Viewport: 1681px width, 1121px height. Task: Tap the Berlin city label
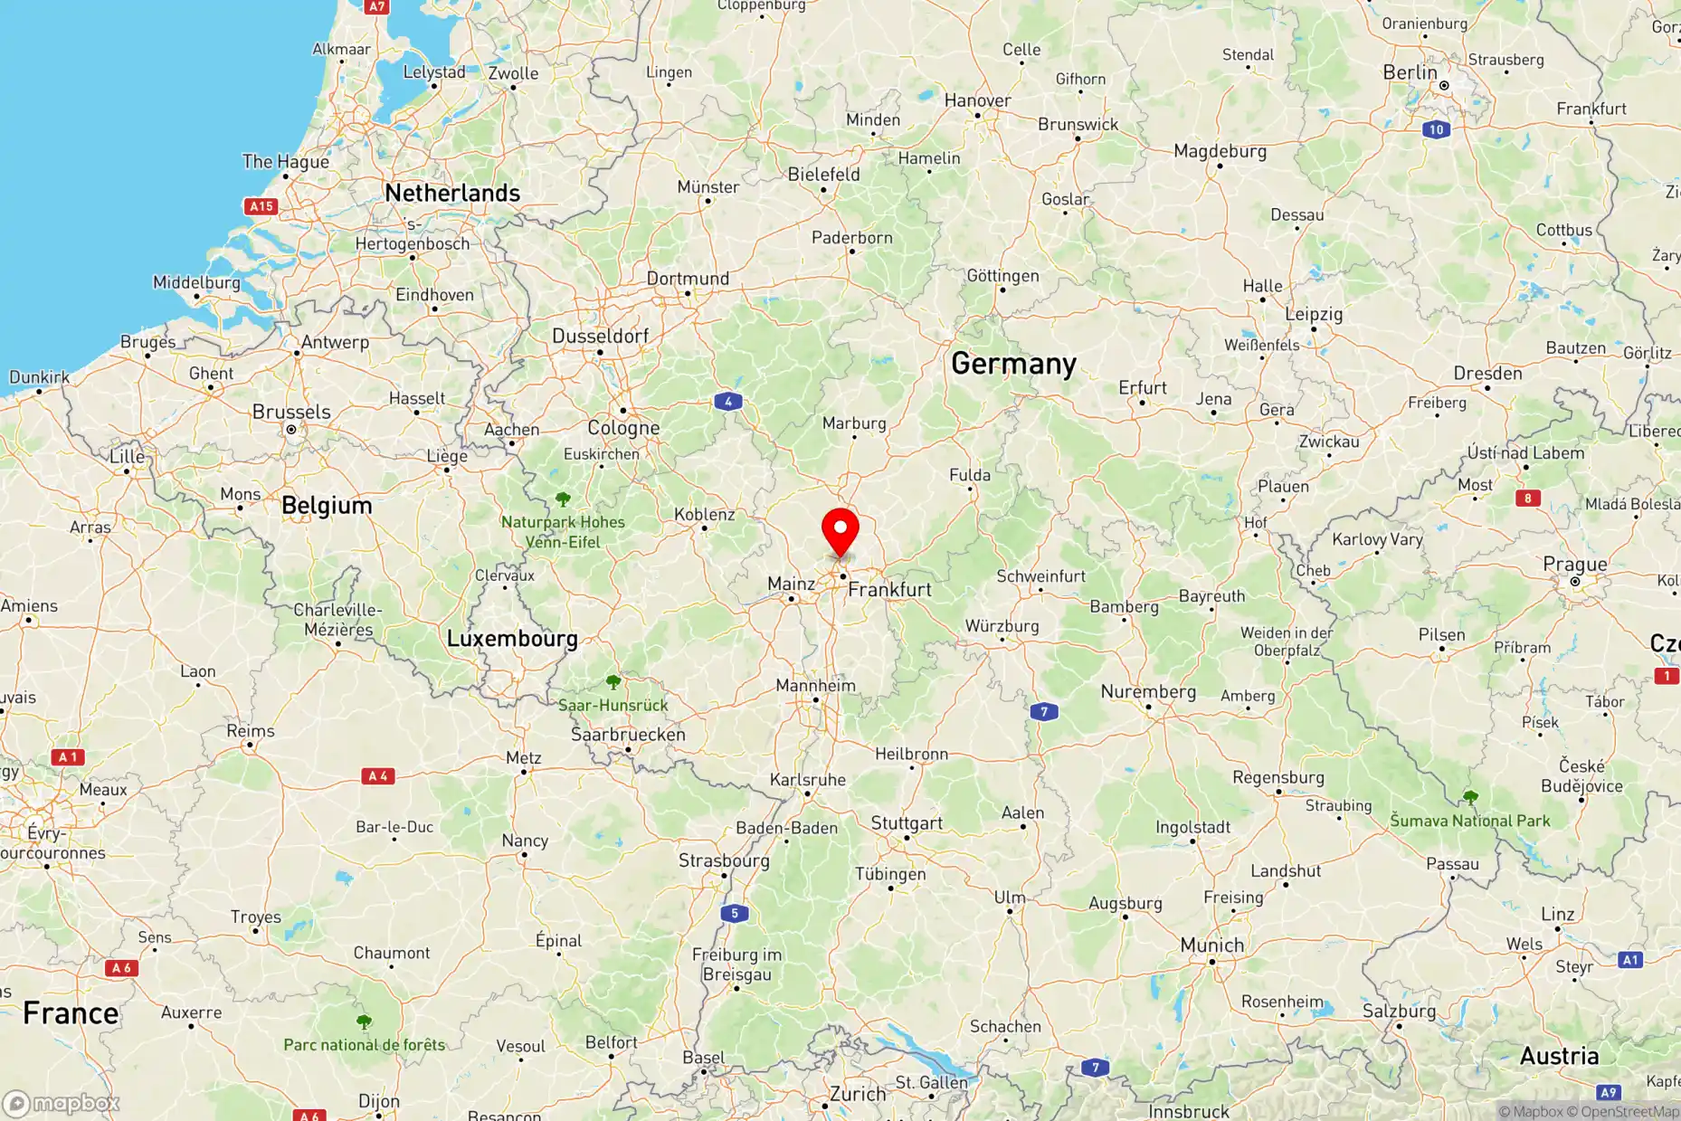tap(1410, 72)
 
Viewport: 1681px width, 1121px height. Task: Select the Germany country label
tap(1013, 364)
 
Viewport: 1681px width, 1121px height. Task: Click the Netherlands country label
tap(452, 193)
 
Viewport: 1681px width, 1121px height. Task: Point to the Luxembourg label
tap(512, 638)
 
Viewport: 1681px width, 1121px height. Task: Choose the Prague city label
tap(1574, 564)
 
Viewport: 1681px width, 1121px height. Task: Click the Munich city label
tap(1211, 945)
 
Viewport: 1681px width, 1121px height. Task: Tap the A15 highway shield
tap(261, 206)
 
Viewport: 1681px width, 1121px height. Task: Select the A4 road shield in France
tap(377, 775)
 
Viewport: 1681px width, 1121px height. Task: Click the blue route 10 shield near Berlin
tap(1436, 129)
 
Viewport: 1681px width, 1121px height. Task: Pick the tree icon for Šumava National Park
tap(1470, 797)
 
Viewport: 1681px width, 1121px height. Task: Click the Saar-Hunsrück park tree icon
tap(613, 681)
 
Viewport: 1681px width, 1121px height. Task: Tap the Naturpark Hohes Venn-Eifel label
tap(563, 532)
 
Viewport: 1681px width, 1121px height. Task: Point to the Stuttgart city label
tap(907, 822)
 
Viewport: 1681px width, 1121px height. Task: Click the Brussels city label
tap(291, 412)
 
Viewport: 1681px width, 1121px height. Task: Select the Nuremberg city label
tap(1148, 691)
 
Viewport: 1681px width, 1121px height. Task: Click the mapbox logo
tap(62, 1103)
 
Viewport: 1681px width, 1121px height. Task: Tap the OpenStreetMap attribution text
tap(1623, 1111)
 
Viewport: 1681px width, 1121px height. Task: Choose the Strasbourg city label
tap(724, 860)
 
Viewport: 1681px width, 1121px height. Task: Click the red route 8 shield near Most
tap(1528, 498)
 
